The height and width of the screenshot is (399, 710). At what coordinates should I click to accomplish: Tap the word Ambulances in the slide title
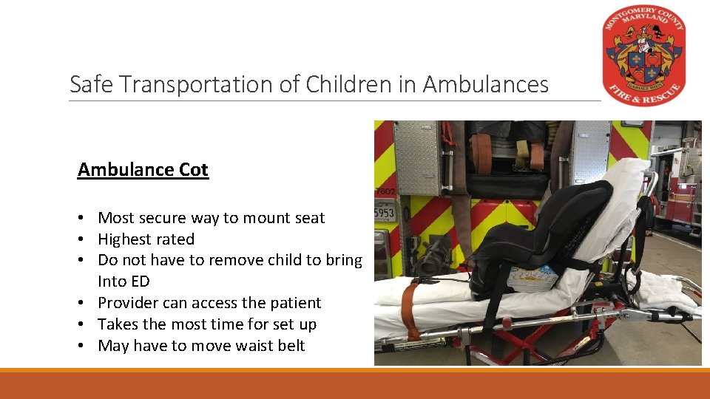(486, 85)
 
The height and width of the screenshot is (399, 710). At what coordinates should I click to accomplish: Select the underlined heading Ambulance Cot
(143, 170)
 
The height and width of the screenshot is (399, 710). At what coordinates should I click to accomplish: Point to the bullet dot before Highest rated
(87, 239)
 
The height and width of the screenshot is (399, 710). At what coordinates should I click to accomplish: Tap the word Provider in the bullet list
(128, 303)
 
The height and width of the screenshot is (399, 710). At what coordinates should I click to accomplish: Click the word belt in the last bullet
(289, 346)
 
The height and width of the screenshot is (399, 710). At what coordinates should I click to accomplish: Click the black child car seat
(547, 236)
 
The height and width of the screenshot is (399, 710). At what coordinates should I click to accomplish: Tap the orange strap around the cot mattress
(407, 310)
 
